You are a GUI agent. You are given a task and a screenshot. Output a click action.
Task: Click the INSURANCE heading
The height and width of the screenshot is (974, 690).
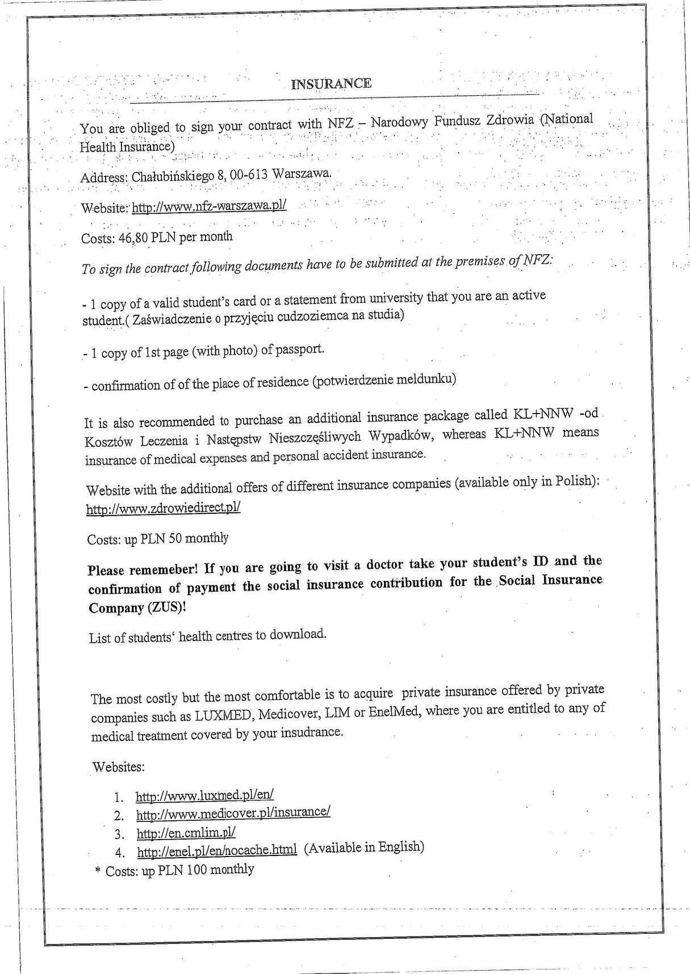[331, 84]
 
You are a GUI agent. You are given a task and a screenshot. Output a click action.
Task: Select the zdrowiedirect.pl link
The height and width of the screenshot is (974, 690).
[164, 508]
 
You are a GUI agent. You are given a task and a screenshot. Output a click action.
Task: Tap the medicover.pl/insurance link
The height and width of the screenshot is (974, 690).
[233, 813]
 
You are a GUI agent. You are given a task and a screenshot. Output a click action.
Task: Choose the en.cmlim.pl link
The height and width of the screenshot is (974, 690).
[186, 832]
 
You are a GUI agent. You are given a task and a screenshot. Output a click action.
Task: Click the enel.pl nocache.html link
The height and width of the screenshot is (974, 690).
[217, 850]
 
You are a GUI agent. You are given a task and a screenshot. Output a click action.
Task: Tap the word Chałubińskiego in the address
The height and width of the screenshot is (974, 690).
[173, 176]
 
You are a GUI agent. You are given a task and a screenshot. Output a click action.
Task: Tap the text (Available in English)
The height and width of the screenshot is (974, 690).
[364, 847]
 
